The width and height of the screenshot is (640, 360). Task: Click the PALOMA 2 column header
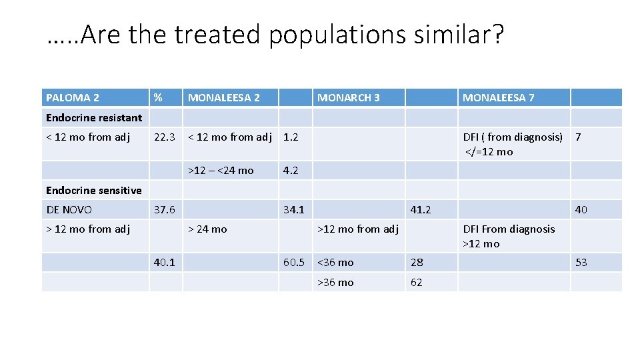(73, 98)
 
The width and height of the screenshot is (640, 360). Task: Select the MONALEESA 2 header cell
(224, 98)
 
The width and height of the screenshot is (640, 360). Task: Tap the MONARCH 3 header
(349, 98)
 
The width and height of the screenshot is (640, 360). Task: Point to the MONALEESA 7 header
(499, 98)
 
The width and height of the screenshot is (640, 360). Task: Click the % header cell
(158, 98)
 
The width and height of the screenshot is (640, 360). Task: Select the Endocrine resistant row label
(94, 118)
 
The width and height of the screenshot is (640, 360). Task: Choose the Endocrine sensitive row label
(94, 190)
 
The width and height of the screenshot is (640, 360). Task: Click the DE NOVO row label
(69, 209)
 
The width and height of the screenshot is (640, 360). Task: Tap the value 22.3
(164, 137)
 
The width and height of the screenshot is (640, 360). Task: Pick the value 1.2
(291, 137)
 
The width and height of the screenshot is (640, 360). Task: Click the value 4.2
(291, 171)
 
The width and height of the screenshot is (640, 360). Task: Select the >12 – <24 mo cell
(221, 171)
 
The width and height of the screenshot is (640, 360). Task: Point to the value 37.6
(164, 209)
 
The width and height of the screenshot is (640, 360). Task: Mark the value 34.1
(294, 209)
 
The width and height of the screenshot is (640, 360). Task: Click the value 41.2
(421, 209)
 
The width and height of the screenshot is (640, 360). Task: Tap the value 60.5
(294, 262)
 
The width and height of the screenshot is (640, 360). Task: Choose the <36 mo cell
(335, 262)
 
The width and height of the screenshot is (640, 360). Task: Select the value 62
(417, 282)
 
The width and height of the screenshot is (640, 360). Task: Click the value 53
(581, 262)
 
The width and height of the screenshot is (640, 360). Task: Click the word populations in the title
(337, 35)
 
